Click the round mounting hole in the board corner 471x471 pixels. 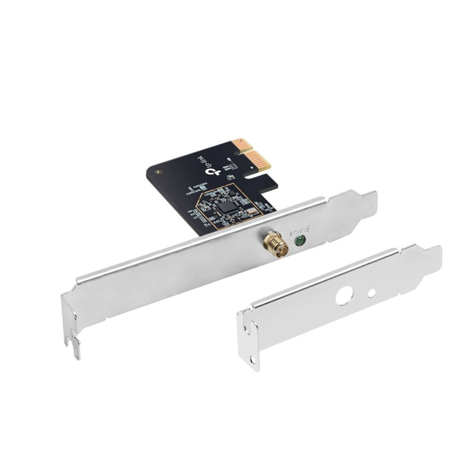159,172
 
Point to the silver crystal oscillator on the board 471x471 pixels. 252,211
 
